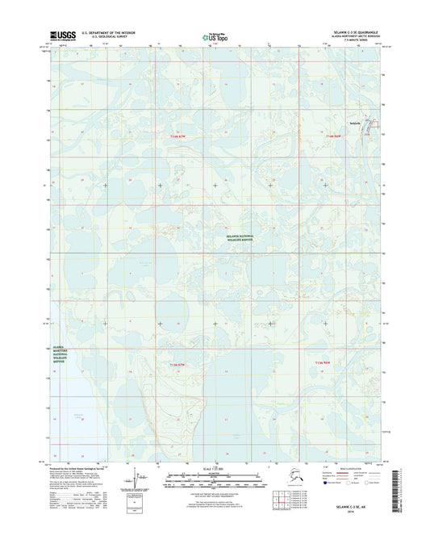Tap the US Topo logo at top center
pos(212,36)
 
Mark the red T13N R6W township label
pos(325,366)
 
